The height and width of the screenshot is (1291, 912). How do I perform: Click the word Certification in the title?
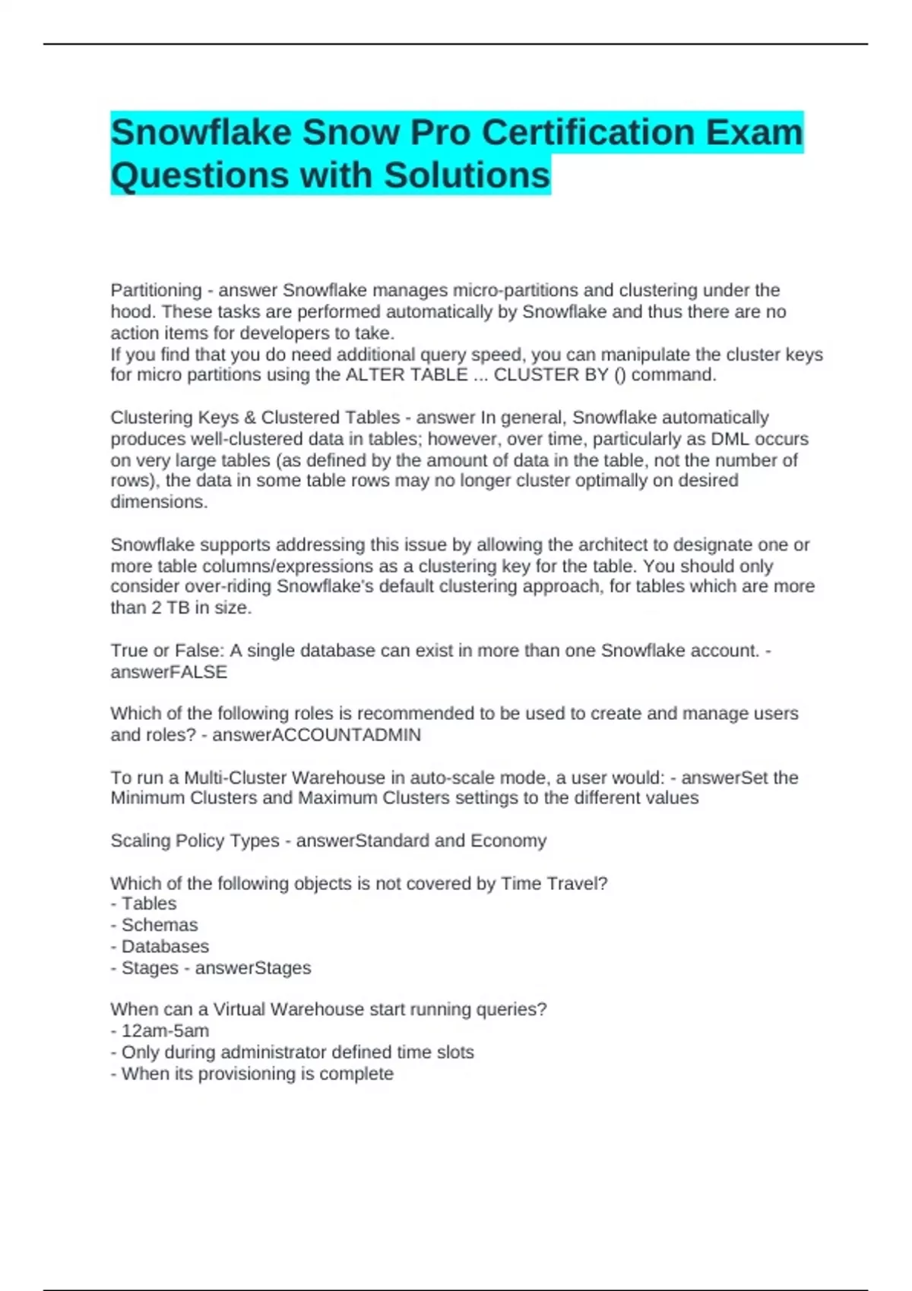pyautogui.click(x=587, y=133)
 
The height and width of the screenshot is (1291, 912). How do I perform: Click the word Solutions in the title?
pyautogui.click(x=467, y=175)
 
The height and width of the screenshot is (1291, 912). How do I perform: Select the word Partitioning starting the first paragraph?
pyautogui.click(x=156, y=290)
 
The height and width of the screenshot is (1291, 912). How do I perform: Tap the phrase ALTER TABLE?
pyautogui.click(x=407, y=375)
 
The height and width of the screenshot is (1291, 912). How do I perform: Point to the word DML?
pyautogui.click(x=730, y=439)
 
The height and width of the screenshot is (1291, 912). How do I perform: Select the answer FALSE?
pyautogui.click(x=198, y=672)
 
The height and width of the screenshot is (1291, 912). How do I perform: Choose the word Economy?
pyautogui.click(x=508, y=841)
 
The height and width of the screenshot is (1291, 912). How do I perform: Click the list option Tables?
pyautogui.click(x=149, y=904)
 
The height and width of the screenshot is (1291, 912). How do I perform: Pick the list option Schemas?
pyautogui.click(x=160, y=925)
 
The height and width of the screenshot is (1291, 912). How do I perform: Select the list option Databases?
pyautogui.click(x=165, y=946)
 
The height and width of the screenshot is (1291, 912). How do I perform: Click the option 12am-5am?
pyautogui.click(x=165, y=1031)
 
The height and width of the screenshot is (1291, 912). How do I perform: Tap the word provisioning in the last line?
pyautogui.click(x=248, y=1074)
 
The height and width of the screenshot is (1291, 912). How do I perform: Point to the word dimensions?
pyautogui.click(x=159, y=502)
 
